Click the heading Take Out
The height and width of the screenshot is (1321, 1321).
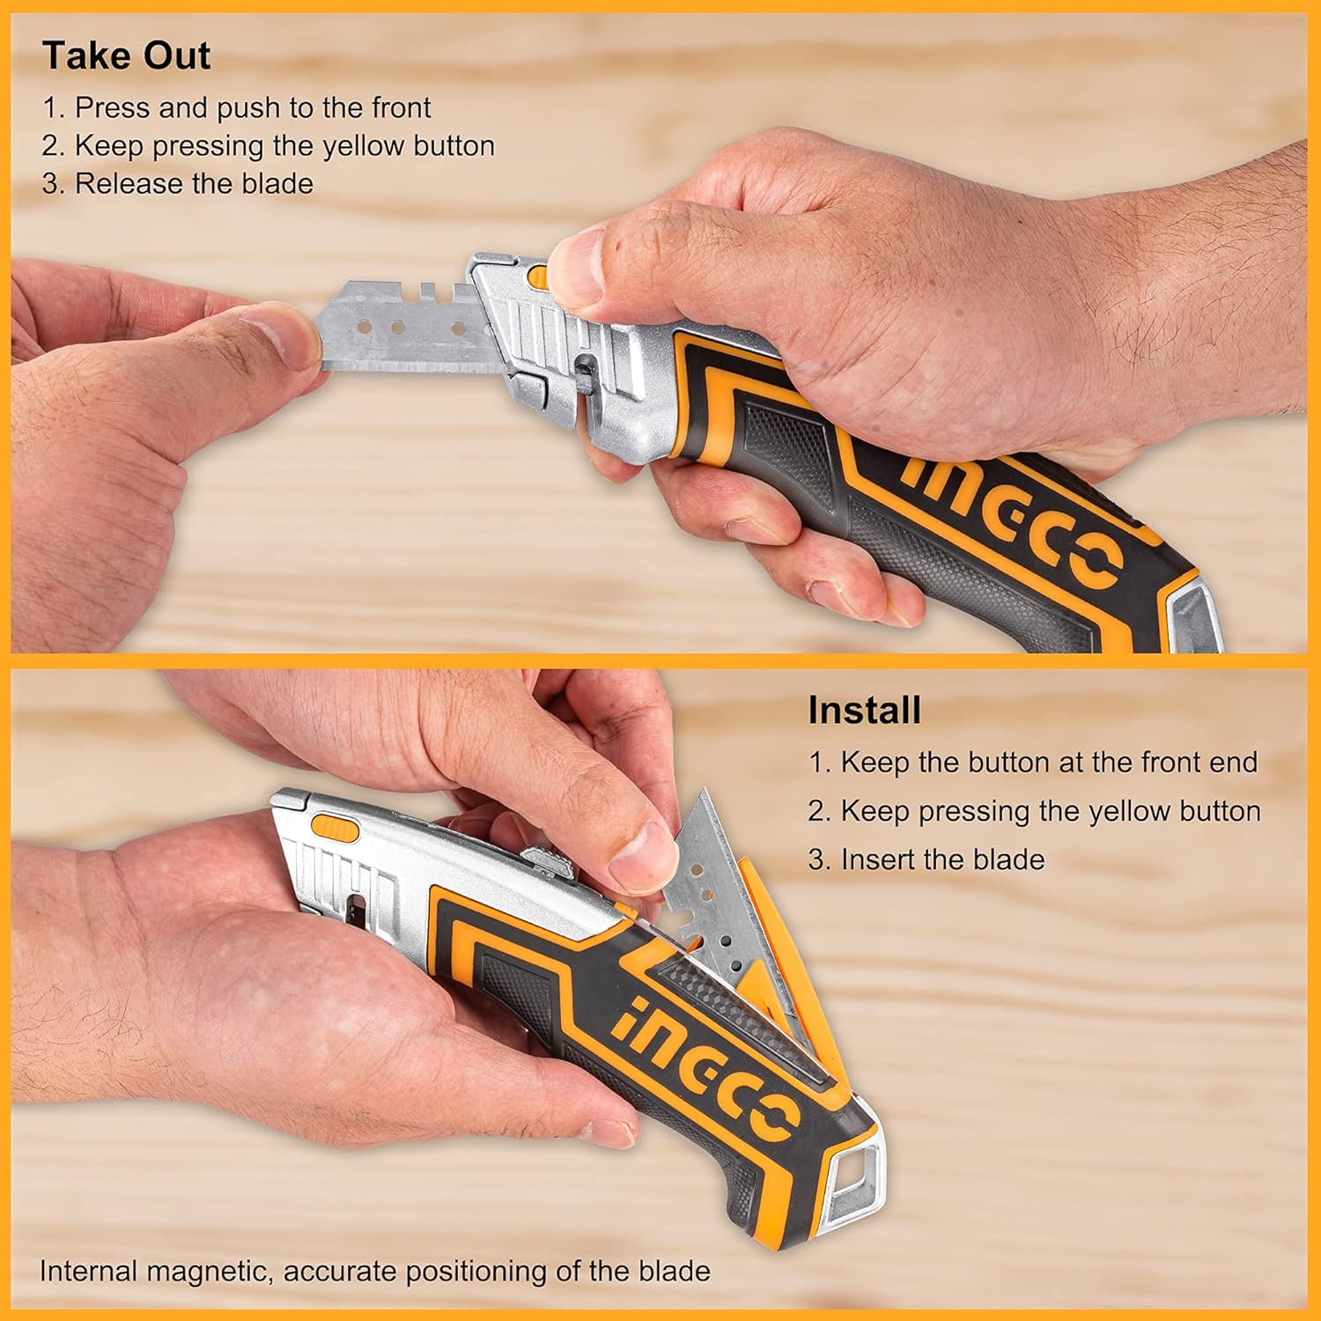pyautogui.click(x=126, y=55)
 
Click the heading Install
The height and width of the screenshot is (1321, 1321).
pyautogui.click(x=864, y=710)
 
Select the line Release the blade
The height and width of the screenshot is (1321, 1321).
pyautogui.click(x=177, y=183)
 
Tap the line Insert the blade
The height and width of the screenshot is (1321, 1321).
pyautogui.click(x=926, y=859)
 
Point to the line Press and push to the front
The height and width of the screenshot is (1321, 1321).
pyautogui.click(x=236, y=107)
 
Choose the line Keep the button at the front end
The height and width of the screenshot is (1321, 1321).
pyautogui.click(x=1033, y=762)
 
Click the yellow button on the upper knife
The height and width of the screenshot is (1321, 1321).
pyautogui.click(x=536, y=277)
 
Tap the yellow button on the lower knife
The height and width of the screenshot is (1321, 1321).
pyautogui.click(x=336, y=829)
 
